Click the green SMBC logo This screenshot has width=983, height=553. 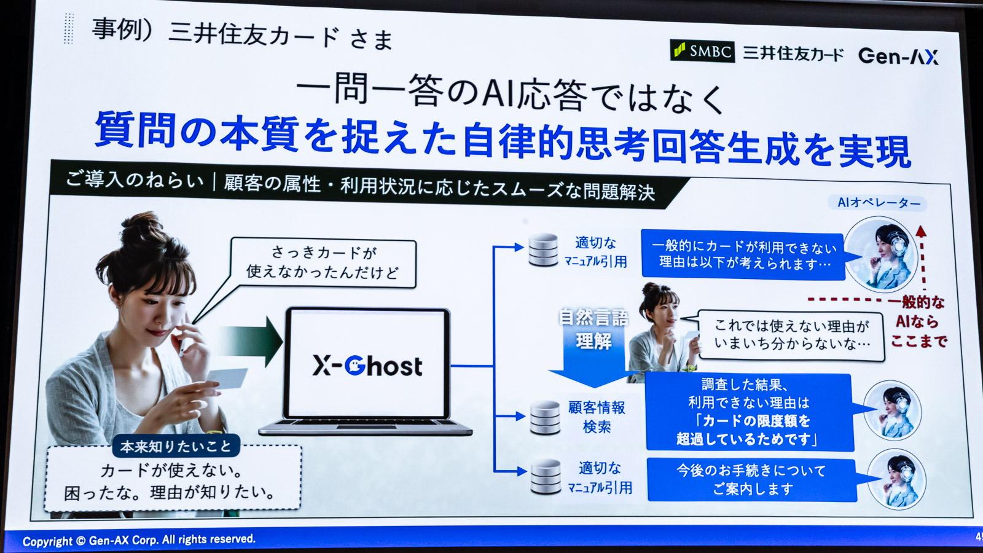pos(702,51)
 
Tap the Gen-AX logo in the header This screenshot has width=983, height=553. pos(898,57)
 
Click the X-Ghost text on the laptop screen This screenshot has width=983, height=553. pos(367,366)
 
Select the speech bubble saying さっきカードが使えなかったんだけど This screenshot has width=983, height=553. pos(323,262)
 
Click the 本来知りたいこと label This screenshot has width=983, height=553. pos(176,446)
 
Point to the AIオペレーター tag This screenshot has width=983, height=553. pos(879,203)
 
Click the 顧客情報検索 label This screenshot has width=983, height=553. pos(596,417)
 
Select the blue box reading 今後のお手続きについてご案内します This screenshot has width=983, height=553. pos(751,479)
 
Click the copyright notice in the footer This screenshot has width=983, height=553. pos(139,540)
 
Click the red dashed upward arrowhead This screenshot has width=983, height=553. pos(920,230)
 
